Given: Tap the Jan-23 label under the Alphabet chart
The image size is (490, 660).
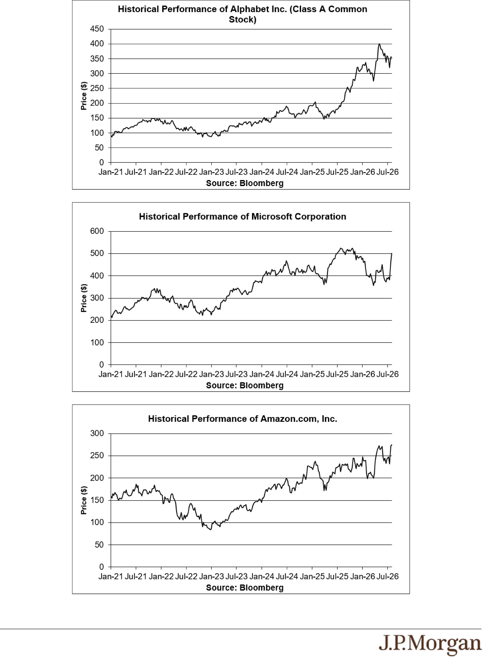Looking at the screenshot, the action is [x=211, y=172].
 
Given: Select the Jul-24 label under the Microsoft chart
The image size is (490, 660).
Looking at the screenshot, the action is [x=287, y=374].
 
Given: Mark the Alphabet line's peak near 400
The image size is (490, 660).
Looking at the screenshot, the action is [x=379, y=44].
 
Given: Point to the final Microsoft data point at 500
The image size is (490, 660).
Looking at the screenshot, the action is [x=392, y=253].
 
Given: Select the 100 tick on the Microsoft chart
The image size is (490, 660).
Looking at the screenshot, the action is [x=97, y=343].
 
